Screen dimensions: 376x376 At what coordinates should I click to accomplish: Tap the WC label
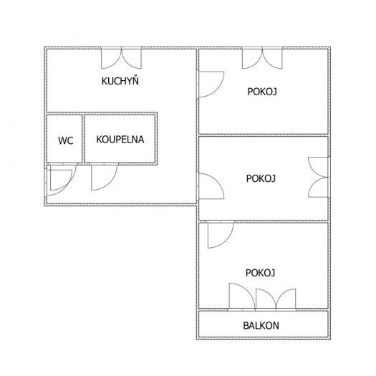click(x=66, y=140)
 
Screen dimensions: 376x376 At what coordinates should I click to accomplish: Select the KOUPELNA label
click(x=120, y=140)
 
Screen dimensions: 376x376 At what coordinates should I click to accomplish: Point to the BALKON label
click(x=261, y=325)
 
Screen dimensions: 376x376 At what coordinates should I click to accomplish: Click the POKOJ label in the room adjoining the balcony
click(x=260, y=273)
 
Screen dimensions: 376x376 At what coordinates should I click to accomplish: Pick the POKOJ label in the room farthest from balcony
click(x=262, y=92)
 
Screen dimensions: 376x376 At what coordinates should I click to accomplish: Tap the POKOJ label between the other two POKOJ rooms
click(x=261, y=178)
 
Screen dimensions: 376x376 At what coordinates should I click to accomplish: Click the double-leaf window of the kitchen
click(x=121, y=58)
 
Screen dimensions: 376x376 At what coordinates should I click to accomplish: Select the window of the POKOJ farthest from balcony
click(x=262, y=58)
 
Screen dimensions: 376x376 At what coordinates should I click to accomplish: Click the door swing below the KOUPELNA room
click(x=104, y=177)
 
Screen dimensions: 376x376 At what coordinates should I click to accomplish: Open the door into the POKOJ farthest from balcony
click(x=211, y=85)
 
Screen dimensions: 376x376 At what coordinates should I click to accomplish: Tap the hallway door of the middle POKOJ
click(x=211, y=186)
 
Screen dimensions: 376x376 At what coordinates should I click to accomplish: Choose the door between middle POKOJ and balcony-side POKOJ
click(x=221, y=235)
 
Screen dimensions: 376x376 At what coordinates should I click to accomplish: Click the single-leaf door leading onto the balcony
click(x=242, y=297)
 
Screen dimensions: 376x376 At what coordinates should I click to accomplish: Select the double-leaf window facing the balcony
click(x=276, y=299)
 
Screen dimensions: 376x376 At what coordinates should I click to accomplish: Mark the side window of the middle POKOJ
click(x=318, y=177)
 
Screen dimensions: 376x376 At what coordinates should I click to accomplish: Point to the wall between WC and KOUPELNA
click(x=84, y=139)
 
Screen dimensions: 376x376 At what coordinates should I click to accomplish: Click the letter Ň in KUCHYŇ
click(x=135, y=80)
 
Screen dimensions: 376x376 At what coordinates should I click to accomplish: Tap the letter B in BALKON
click(x=246, y=325)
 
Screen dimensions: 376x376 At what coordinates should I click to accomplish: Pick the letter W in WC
click(x=62, y=140)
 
